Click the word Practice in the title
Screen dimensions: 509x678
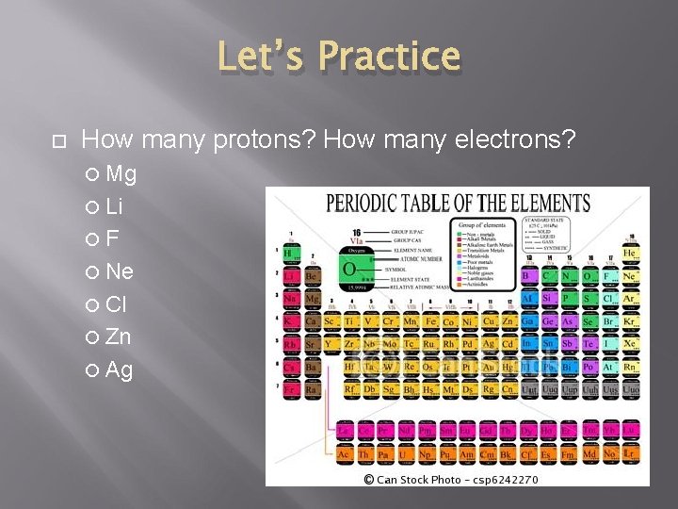(x=389, y=56)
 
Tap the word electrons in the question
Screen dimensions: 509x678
(x=514, y=140)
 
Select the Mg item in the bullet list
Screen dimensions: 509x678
(x=121, y=173)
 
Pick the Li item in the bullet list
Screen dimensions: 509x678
(x=114, y=206)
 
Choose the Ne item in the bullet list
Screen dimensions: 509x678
(x=120, y=271)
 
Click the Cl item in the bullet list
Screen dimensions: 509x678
(x=116, y=304)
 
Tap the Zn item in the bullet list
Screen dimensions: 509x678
(x=119, y=337)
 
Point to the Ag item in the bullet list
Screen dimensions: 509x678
(x=120, y=369)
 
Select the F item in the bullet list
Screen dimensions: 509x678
(x=112, y=238)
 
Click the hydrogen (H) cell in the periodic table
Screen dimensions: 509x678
(x=291, y=253)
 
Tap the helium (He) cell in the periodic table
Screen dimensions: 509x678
(x=630, y=254)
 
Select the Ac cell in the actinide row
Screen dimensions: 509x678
(x=345, y=454)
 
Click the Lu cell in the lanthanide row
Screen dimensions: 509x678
(x=630, y=431)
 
